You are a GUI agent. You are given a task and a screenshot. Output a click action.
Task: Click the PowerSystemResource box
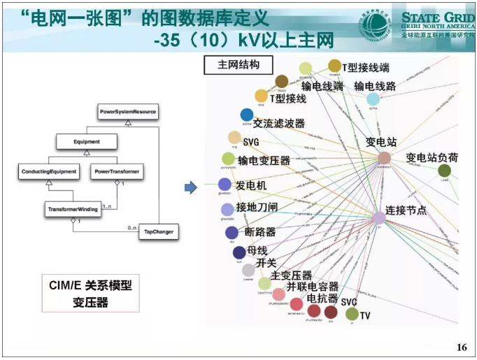[127, 111]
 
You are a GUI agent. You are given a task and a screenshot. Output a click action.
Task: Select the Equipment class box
[87, 142]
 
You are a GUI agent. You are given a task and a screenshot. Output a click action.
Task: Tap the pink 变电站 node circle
[384, 159]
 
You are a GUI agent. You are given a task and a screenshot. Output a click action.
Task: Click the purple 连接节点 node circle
[378, 217]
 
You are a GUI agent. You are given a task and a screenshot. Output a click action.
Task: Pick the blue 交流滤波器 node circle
[246, 115]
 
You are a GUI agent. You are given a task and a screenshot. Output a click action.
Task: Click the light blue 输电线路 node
[373, 99]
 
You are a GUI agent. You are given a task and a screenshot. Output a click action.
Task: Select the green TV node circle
[352, 313]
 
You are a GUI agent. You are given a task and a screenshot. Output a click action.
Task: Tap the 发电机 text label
[251, 185]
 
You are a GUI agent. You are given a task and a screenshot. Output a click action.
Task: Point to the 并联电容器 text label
[313, 287]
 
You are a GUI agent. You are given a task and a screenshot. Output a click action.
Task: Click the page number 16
[460, 347]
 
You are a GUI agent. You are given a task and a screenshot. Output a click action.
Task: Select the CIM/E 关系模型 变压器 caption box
[90, 293]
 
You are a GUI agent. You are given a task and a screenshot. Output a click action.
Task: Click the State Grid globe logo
[377, 25]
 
